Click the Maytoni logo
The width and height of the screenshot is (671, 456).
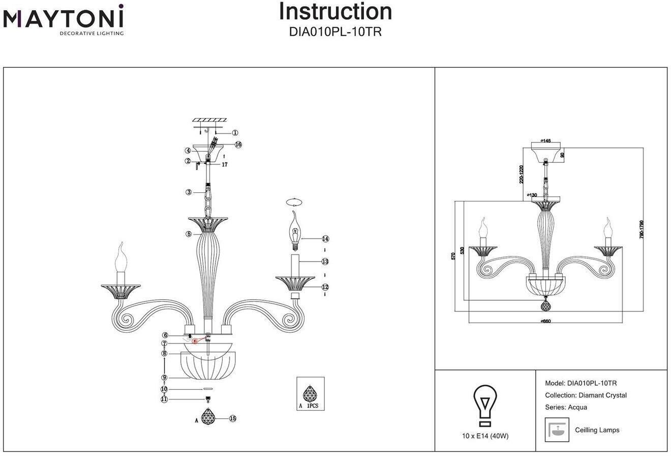coord(63,19)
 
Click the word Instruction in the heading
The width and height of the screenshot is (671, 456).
coord(335,12)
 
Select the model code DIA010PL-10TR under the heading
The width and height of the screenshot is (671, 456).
coord(335,32)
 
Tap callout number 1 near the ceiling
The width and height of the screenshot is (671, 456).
coord(235,133)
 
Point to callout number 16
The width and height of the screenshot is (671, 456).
coord(238,145)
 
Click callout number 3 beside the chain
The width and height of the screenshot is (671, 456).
coord(189,192)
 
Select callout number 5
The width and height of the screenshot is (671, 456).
coord(189,234)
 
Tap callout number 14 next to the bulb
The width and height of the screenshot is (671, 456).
coord(325,239)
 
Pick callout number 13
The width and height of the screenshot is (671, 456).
coord(325,262)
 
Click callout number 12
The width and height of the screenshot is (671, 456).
coord(325,287)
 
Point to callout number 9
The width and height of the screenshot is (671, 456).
coord(164,378)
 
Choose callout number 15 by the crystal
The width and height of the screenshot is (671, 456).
coord(233,418)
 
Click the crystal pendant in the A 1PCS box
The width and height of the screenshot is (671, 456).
coord(310,393)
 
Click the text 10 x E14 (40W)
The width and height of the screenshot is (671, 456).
coord(485,436)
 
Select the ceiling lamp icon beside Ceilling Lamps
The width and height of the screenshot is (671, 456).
coord(557,430)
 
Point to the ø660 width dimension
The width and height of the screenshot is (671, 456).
coord(545,321)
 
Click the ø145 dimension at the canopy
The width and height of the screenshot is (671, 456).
coord(545,141)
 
